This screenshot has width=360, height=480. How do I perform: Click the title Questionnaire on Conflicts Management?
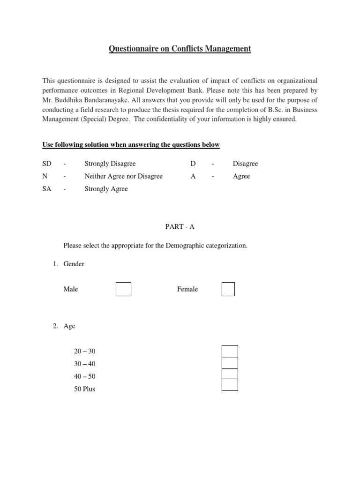180,48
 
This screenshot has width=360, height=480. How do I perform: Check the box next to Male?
123,289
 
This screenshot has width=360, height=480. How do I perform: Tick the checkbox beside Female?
228,289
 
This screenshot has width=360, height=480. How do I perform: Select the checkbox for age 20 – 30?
230,351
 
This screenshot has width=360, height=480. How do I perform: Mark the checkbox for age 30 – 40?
230,363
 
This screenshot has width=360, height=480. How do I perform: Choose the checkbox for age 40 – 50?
230,374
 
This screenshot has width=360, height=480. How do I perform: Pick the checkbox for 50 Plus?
230,385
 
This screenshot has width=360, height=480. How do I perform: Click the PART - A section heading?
180,226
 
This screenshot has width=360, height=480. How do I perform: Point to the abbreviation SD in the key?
46,164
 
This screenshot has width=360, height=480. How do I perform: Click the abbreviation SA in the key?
46,189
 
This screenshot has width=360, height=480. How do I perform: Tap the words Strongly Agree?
106,189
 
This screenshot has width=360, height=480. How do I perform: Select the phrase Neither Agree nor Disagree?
123,176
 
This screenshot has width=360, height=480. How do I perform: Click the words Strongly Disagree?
110,164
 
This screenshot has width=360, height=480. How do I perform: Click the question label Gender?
74,264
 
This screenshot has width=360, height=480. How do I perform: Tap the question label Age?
69,326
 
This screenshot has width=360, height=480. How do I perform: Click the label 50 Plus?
84,389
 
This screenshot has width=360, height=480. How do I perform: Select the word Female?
187,289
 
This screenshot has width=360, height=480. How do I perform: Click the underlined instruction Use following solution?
131,145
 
